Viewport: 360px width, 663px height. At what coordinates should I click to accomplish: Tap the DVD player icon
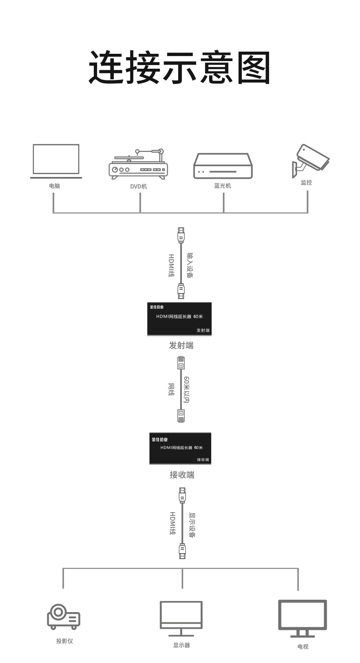coord(138,164)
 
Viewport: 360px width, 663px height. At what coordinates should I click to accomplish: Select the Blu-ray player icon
coord(223,166)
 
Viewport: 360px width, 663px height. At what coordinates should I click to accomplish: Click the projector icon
coord(64,616)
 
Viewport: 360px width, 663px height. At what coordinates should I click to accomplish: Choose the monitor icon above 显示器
coord(181,618)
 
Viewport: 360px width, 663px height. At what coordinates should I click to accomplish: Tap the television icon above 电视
coord(303,618)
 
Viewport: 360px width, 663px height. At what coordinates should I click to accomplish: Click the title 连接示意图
coord(180,68)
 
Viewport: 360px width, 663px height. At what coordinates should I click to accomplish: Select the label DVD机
coord(139,186)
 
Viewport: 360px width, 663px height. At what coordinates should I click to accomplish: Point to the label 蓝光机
coord(223,186)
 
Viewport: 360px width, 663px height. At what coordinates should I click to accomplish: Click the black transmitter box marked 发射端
coord(179,319)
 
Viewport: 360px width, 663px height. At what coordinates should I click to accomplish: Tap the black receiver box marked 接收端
coord(180,448)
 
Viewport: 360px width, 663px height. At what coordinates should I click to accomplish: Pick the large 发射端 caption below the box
coord(181,345)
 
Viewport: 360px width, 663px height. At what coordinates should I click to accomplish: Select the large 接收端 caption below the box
coord(182,475)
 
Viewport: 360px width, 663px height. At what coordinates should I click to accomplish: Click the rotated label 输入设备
coord(190,265)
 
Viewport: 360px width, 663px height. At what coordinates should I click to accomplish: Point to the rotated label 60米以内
coord(186,390)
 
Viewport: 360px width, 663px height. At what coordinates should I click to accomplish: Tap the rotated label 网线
coord(171,390)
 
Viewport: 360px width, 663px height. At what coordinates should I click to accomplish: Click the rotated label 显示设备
coord(192,525)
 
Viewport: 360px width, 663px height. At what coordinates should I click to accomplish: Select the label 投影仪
coord(65,641)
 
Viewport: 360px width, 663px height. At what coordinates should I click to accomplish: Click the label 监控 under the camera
coord(306,182)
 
